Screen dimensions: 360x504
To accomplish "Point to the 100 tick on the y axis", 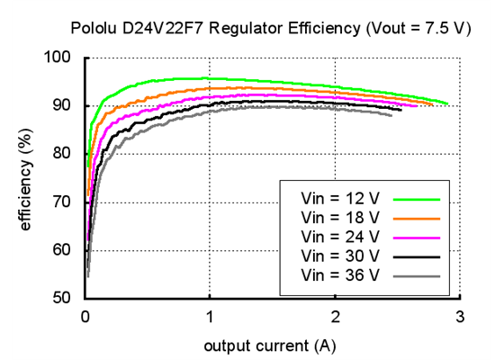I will coord(65,58).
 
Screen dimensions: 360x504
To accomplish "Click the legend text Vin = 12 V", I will coord(341,199).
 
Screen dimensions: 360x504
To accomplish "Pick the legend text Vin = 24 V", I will coord(341,237).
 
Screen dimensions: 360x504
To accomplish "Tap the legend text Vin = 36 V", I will coord(341,274).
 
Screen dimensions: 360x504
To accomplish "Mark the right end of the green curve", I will coord(447,103).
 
